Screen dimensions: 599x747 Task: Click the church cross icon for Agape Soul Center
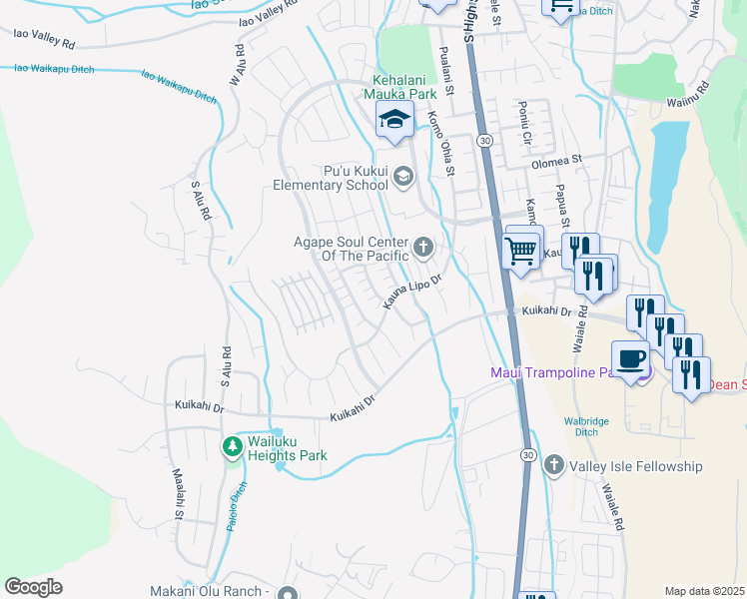pyautogui.click(x=423, y=246)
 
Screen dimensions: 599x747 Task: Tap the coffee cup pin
pyautogui.click(x=630, y=359)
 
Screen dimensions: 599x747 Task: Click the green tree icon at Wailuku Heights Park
pyautogui.click(x=232, y=445)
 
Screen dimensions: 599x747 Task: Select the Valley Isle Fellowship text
pyautogui.click(x=636, y=466)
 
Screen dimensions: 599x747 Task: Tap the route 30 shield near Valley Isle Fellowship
pyautogui.click(x=526, y=455)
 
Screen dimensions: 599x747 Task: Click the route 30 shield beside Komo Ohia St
pyautogui.click(x=483, y=140)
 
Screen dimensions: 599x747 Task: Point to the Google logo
pyautogui.click(x=33, y=587)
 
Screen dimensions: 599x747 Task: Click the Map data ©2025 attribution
pyautogui.click(x=704, y=591)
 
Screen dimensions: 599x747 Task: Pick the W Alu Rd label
pyautogui.click(x=238, y=65)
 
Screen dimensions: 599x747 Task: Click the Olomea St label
pyautogui.click(x=556, y=160)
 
